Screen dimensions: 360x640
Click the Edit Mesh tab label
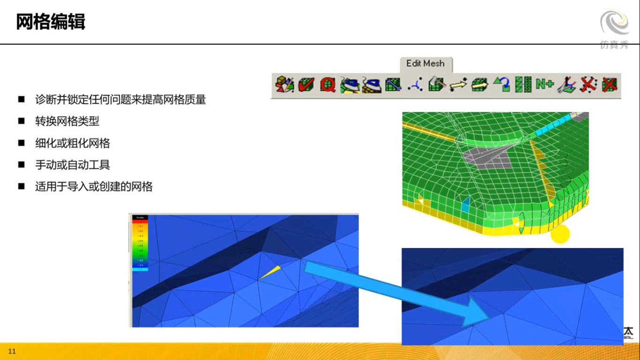(425, 64)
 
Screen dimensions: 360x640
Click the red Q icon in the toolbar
(328, 84)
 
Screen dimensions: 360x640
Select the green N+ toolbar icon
(545, 84)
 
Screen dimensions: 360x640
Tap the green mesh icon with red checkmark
(306, 84)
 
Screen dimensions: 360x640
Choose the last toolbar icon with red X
(610, 84)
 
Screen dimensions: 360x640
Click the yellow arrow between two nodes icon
(459, 84)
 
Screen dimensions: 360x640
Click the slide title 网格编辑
(51, 22)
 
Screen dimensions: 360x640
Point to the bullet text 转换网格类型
(67, 121)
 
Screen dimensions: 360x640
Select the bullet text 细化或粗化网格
(73, 143)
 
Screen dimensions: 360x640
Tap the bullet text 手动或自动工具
(73, 165)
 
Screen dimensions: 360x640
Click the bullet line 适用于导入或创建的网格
(94, 187)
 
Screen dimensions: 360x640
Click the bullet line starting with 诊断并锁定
(120, 99)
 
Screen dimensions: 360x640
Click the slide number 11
(12, 351)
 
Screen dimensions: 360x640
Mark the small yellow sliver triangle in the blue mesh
(271, 272)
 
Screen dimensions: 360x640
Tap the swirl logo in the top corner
(615, 23)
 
